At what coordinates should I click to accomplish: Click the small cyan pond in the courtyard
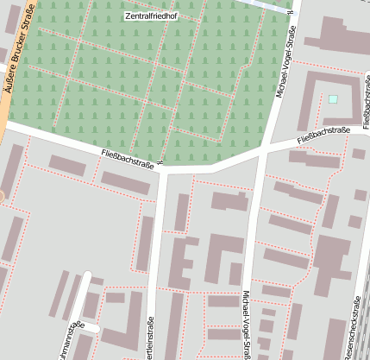coord(332,100)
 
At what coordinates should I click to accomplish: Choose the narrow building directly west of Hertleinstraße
coord(146,243)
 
